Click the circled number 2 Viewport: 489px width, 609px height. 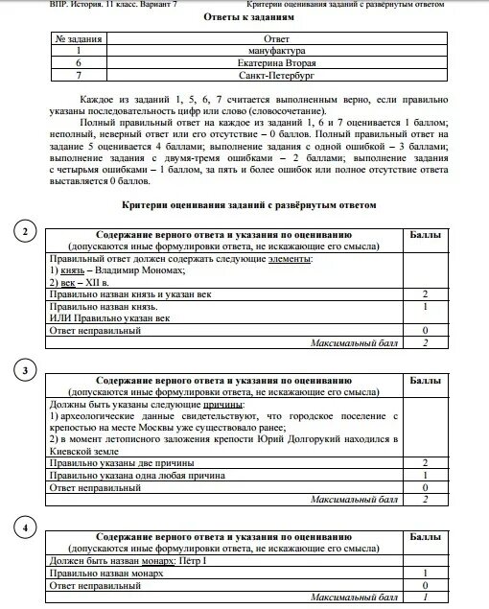click(x=27, y=230)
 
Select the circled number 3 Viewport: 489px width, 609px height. click(x=27, y=370)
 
